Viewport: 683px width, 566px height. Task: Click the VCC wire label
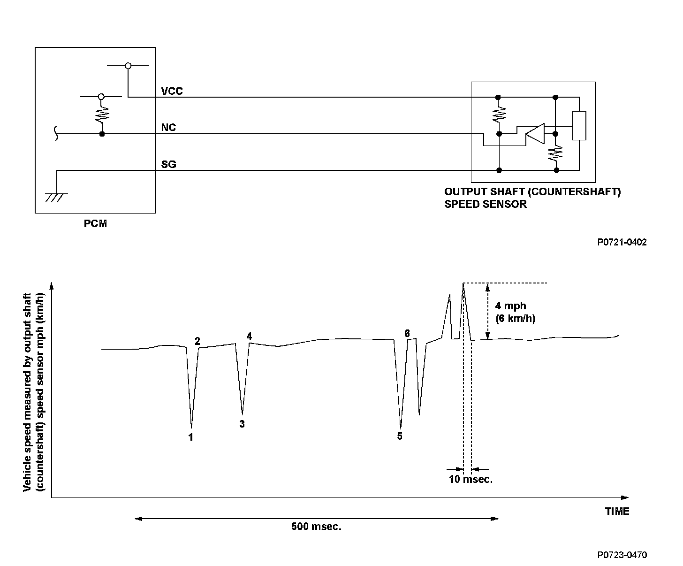172,91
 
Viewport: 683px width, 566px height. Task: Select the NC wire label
168,128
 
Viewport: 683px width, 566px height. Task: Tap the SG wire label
168,164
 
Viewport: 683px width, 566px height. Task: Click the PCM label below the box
95,224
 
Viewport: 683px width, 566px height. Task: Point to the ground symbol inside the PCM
56,197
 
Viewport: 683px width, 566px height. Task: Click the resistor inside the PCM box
102,115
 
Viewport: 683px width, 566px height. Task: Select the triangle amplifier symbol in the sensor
535,134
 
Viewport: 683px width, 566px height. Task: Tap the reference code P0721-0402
622,242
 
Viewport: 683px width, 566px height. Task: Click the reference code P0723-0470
622,555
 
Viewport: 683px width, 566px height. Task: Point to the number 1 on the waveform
191,437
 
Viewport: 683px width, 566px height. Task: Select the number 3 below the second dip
242,424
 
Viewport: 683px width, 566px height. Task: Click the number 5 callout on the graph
400,436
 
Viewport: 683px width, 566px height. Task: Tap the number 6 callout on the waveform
407,333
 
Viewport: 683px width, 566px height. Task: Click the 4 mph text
510,306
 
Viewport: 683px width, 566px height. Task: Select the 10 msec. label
471,480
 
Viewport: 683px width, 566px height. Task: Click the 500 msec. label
316,527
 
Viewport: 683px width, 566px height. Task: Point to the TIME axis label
617,512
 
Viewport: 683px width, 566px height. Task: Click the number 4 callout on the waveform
249,336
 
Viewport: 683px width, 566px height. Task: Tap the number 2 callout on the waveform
197,341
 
